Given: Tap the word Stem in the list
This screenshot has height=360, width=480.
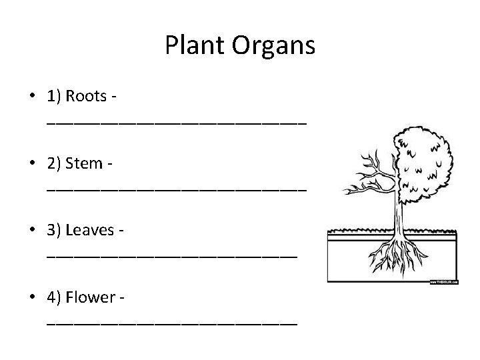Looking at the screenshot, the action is coord(85,163).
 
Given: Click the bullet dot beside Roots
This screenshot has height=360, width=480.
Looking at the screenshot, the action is coord(32,96).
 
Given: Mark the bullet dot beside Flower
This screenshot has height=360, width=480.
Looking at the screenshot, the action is coord(32,297).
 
